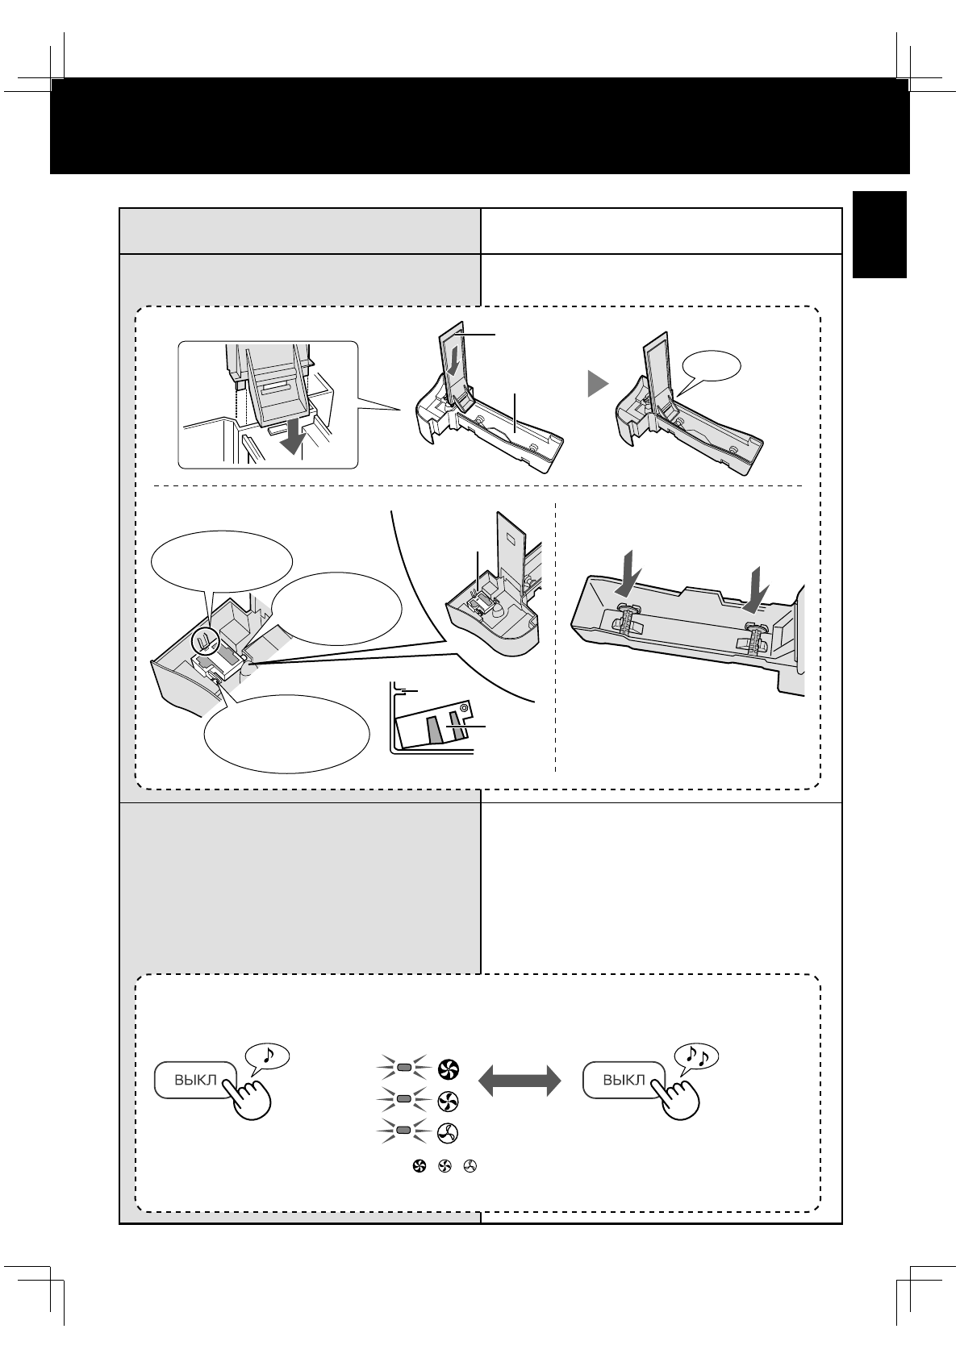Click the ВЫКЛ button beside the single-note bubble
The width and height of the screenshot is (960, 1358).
coord(194,1081)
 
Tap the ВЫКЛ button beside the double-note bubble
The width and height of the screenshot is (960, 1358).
coord(623,1081)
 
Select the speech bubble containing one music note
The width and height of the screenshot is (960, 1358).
coord(266,1056)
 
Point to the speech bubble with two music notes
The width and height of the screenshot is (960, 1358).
coord(696,1056)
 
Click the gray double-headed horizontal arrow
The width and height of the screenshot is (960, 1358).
coord(519,1080)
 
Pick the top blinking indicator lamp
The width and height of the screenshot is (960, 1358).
coord(405,1068)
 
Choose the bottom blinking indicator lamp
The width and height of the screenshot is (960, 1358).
coord(405,1132)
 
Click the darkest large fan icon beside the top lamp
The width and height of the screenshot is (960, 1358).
coord(448,1069)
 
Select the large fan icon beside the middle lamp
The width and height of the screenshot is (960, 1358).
coord(448,1101)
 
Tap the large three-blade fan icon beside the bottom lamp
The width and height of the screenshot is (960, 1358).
coord(448,1132)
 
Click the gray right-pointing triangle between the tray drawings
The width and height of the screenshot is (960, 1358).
coord(596,384)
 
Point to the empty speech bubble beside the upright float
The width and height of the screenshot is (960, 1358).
coord(712,368)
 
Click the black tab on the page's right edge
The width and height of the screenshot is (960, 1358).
coord(882,235)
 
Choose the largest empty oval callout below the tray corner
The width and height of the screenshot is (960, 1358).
coord(286,733)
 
